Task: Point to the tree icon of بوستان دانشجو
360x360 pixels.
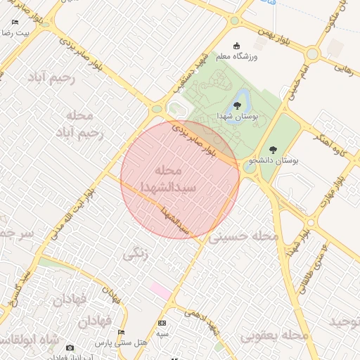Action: click(272, 150)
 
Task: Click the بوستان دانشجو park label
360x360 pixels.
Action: click(272, 161)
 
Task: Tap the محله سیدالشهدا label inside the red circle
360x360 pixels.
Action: click(167, 179)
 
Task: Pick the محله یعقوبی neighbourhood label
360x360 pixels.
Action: click(275, 336)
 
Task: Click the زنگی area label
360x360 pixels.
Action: click(136, 254)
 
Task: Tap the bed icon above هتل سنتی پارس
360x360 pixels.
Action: click(122, 332)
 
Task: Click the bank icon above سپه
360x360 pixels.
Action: click(162, 322)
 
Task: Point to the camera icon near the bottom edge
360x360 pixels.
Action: click(70, 347)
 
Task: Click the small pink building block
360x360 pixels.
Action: click(160, 290)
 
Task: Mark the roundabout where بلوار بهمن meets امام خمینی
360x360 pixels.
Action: click(312, 53)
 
